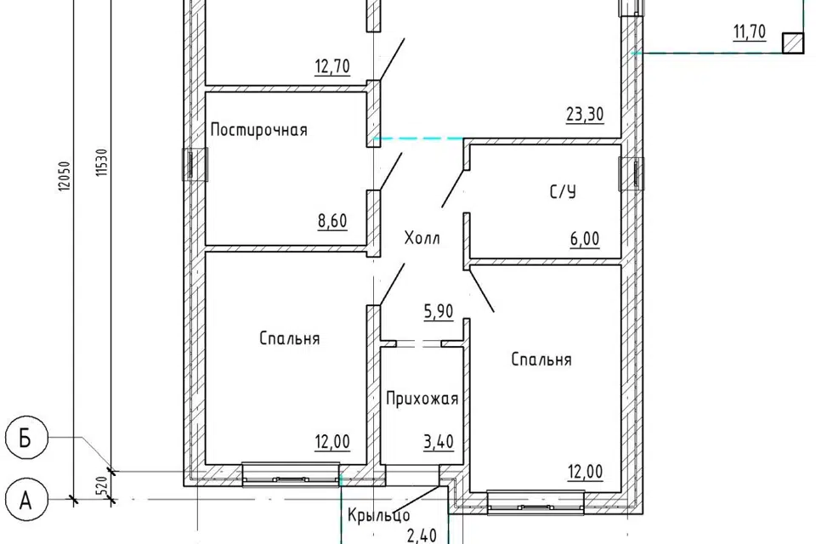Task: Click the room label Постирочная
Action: [258, 129]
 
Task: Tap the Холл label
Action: [422, 238]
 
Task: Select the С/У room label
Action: [563, 192]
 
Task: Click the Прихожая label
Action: [422, 399]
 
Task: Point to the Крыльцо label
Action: [378, 515]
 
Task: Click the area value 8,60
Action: [332, 221]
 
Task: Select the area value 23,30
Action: [585, 114]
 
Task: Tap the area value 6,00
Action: [585, 239]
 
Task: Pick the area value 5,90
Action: [439, 311]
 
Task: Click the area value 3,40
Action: [439, 441]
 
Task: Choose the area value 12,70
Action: [332, 66]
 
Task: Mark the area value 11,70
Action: [750, 32]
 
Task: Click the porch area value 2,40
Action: [422, 535]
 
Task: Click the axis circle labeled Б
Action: [26, 439]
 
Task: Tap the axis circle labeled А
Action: [26, 501]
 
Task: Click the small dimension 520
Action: [102, 485]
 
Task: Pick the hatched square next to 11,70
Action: [793, 42]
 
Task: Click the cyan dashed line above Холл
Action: [419, 139]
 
